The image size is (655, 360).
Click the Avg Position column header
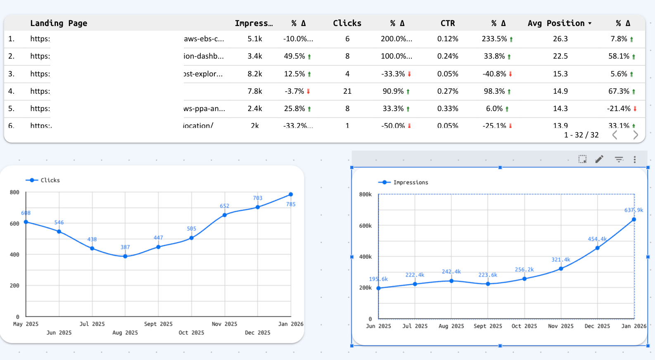click(556, 23)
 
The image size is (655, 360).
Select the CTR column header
click(448, 23)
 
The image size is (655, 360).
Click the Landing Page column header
click(59, 23)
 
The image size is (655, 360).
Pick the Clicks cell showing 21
click(347, 91)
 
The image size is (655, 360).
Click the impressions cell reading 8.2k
click(255, 74)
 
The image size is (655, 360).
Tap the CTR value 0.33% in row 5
click(448, 109)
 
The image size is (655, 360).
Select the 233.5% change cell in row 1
click(494, 39)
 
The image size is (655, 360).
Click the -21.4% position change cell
click(619, 109)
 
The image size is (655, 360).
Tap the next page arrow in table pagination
click(636, 135)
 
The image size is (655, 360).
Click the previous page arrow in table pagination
click(615, 135)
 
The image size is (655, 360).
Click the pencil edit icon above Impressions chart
click(599, 159)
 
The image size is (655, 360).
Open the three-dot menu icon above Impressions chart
click(635, 159)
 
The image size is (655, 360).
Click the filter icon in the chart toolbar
click(619, 159)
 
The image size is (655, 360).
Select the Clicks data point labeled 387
click(125, 256)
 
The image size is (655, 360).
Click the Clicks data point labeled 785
click(291, 194)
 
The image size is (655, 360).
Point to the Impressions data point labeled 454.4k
click(598, 248)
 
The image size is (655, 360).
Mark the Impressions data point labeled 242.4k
click(451, 281)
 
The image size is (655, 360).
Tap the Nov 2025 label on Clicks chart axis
click(224, 324)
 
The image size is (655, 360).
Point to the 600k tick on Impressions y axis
click(365, 226)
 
